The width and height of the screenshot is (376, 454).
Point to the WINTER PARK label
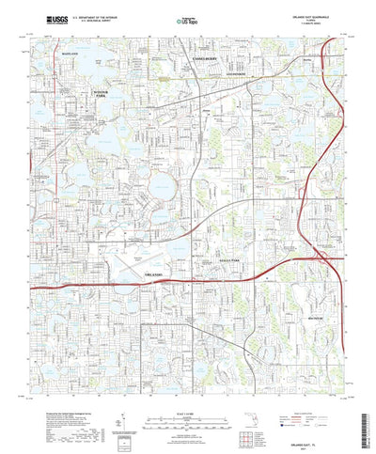[x=101, y=93]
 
